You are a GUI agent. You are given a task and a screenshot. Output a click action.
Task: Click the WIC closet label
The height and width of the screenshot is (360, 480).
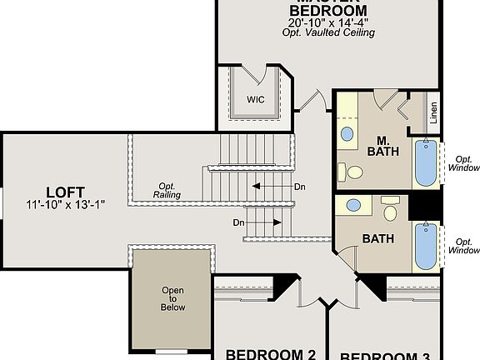click(255, 99)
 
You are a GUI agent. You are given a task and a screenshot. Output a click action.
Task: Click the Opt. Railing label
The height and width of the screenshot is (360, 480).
click(167, 191)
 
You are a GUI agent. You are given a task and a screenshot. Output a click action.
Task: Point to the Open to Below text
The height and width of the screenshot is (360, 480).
click(172, 299)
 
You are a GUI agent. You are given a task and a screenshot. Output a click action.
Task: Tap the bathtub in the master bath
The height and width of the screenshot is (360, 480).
click(426, 162)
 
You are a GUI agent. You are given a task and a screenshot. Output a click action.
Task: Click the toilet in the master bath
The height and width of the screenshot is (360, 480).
click(355, 172)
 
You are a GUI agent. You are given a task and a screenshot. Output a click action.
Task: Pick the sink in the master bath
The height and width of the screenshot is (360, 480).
click(347, 132)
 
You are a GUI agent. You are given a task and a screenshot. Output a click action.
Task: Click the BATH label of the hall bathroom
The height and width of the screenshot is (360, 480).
click(377, 238)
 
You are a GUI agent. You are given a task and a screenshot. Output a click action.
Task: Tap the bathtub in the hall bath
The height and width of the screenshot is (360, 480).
click(426, 246)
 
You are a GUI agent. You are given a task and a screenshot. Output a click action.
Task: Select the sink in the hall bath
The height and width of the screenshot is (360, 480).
click(353, 205)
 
